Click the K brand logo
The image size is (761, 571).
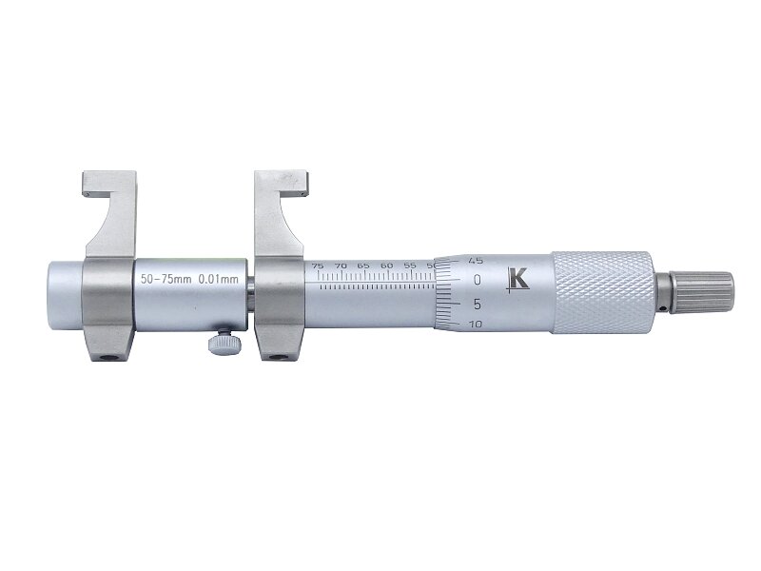[517, 281]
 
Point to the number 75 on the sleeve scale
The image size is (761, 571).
[318, 266]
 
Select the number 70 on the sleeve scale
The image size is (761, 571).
[341, 266]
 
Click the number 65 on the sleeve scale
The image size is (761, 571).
[363, 266]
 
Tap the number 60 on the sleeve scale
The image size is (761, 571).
[387, 266]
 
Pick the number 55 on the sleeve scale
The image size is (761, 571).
[410, 266]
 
